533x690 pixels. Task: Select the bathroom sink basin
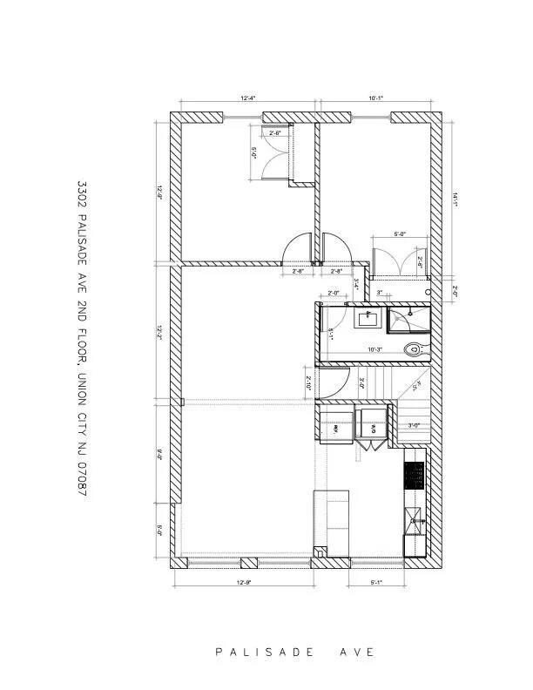pyautogui.click(x=368, y=318)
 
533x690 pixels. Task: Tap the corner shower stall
pyautogui.click(x=405, y=319)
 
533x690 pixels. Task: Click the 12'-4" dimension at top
pyautogui.click(x=247, y=98)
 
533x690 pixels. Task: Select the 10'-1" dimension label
pyautogui.click(x=375, y=98)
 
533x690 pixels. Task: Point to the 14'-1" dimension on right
pyautogui.click(x=454, y=199)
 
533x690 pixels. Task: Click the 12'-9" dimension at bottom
pyautogui.click(x=245, y=582)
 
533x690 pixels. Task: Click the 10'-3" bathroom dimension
pyautogui.click(x=375, y=349)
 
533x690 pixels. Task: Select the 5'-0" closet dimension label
pyautogui.click(x=400, y=234)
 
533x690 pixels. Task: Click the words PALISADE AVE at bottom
pyautogui.click(x=295, y=652)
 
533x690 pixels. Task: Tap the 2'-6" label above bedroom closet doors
pyautogui.click(x=274, y=133)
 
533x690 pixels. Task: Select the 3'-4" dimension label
pyautogui.click(x=355, y=283)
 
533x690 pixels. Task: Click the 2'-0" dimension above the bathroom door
pyautogui.click(x=334, y=293)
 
